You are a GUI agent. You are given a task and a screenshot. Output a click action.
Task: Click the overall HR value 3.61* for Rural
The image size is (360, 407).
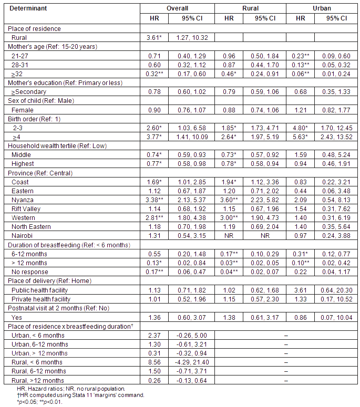pyautogui.click(x=154, y=38)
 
